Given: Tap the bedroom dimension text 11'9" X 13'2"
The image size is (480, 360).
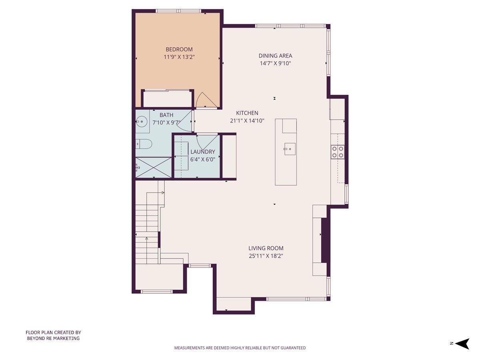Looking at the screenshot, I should point(179,57).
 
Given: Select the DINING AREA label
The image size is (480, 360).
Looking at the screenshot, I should point(275,56).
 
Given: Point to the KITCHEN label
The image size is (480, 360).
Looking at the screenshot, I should point(247,113).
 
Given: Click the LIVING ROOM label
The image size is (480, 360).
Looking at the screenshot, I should point(266,248).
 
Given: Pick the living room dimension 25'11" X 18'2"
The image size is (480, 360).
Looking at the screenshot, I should point(266,256).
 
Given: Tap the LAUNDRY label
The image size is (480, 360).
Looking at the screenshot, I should point(202,152).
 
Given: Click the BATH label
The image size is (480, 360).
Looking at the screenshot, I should point(166,115).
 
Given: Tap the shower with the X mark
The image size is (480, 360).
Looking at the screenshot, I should point(153,168).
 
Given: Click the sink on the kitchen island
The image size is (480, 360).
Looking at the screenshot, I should point(289,148).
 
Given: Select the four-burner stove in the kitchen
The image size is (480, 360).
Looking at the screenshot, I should point(338,152).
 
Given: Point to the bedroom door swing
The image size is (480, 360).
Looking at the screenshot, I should point(206,100).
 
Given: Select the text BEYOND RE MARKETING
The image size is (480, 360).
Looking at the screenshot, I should point(53,338).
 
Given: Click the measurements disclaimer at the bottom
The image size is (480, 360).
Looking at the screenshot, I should point(240,348).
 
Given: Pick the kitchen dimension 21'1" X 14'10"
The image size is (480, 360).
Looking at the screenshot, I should point(247,120).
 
